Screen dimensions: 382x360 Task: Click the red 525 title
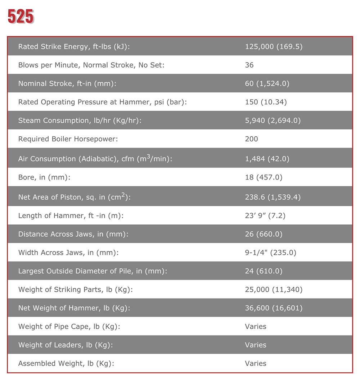coord(21,17)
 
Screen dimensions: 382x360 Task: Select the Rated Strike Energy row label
coord(74,46)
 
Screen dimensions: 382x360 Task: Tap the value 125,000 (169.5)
coord(274,46)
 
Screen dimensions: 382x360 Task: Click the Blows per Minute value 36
coord(249,65)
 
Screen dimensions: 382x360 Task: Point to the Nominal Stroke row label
coord(67,84)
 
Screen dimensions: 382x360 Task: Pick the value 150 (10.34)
coord(266,102)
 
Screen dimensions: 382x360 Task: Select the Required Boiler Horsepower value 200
coord(251,139)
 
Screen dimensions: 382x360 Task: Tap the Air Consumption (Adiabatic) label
coord(95,158)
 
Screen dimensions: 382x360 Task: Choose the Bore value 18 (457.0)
coord(264,177)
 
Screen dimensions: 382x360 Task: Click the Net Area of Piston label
coord(74,197)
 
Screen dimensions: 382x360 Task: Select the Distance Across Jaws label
coord(73,234)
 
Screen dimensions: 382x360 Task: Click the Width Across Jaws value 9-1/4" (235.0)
coord(270,253)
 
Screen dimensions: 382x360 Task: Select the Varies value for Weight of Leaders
coord(256,345)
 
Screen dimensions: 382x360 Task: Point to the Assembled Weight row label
coord(66,363)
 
